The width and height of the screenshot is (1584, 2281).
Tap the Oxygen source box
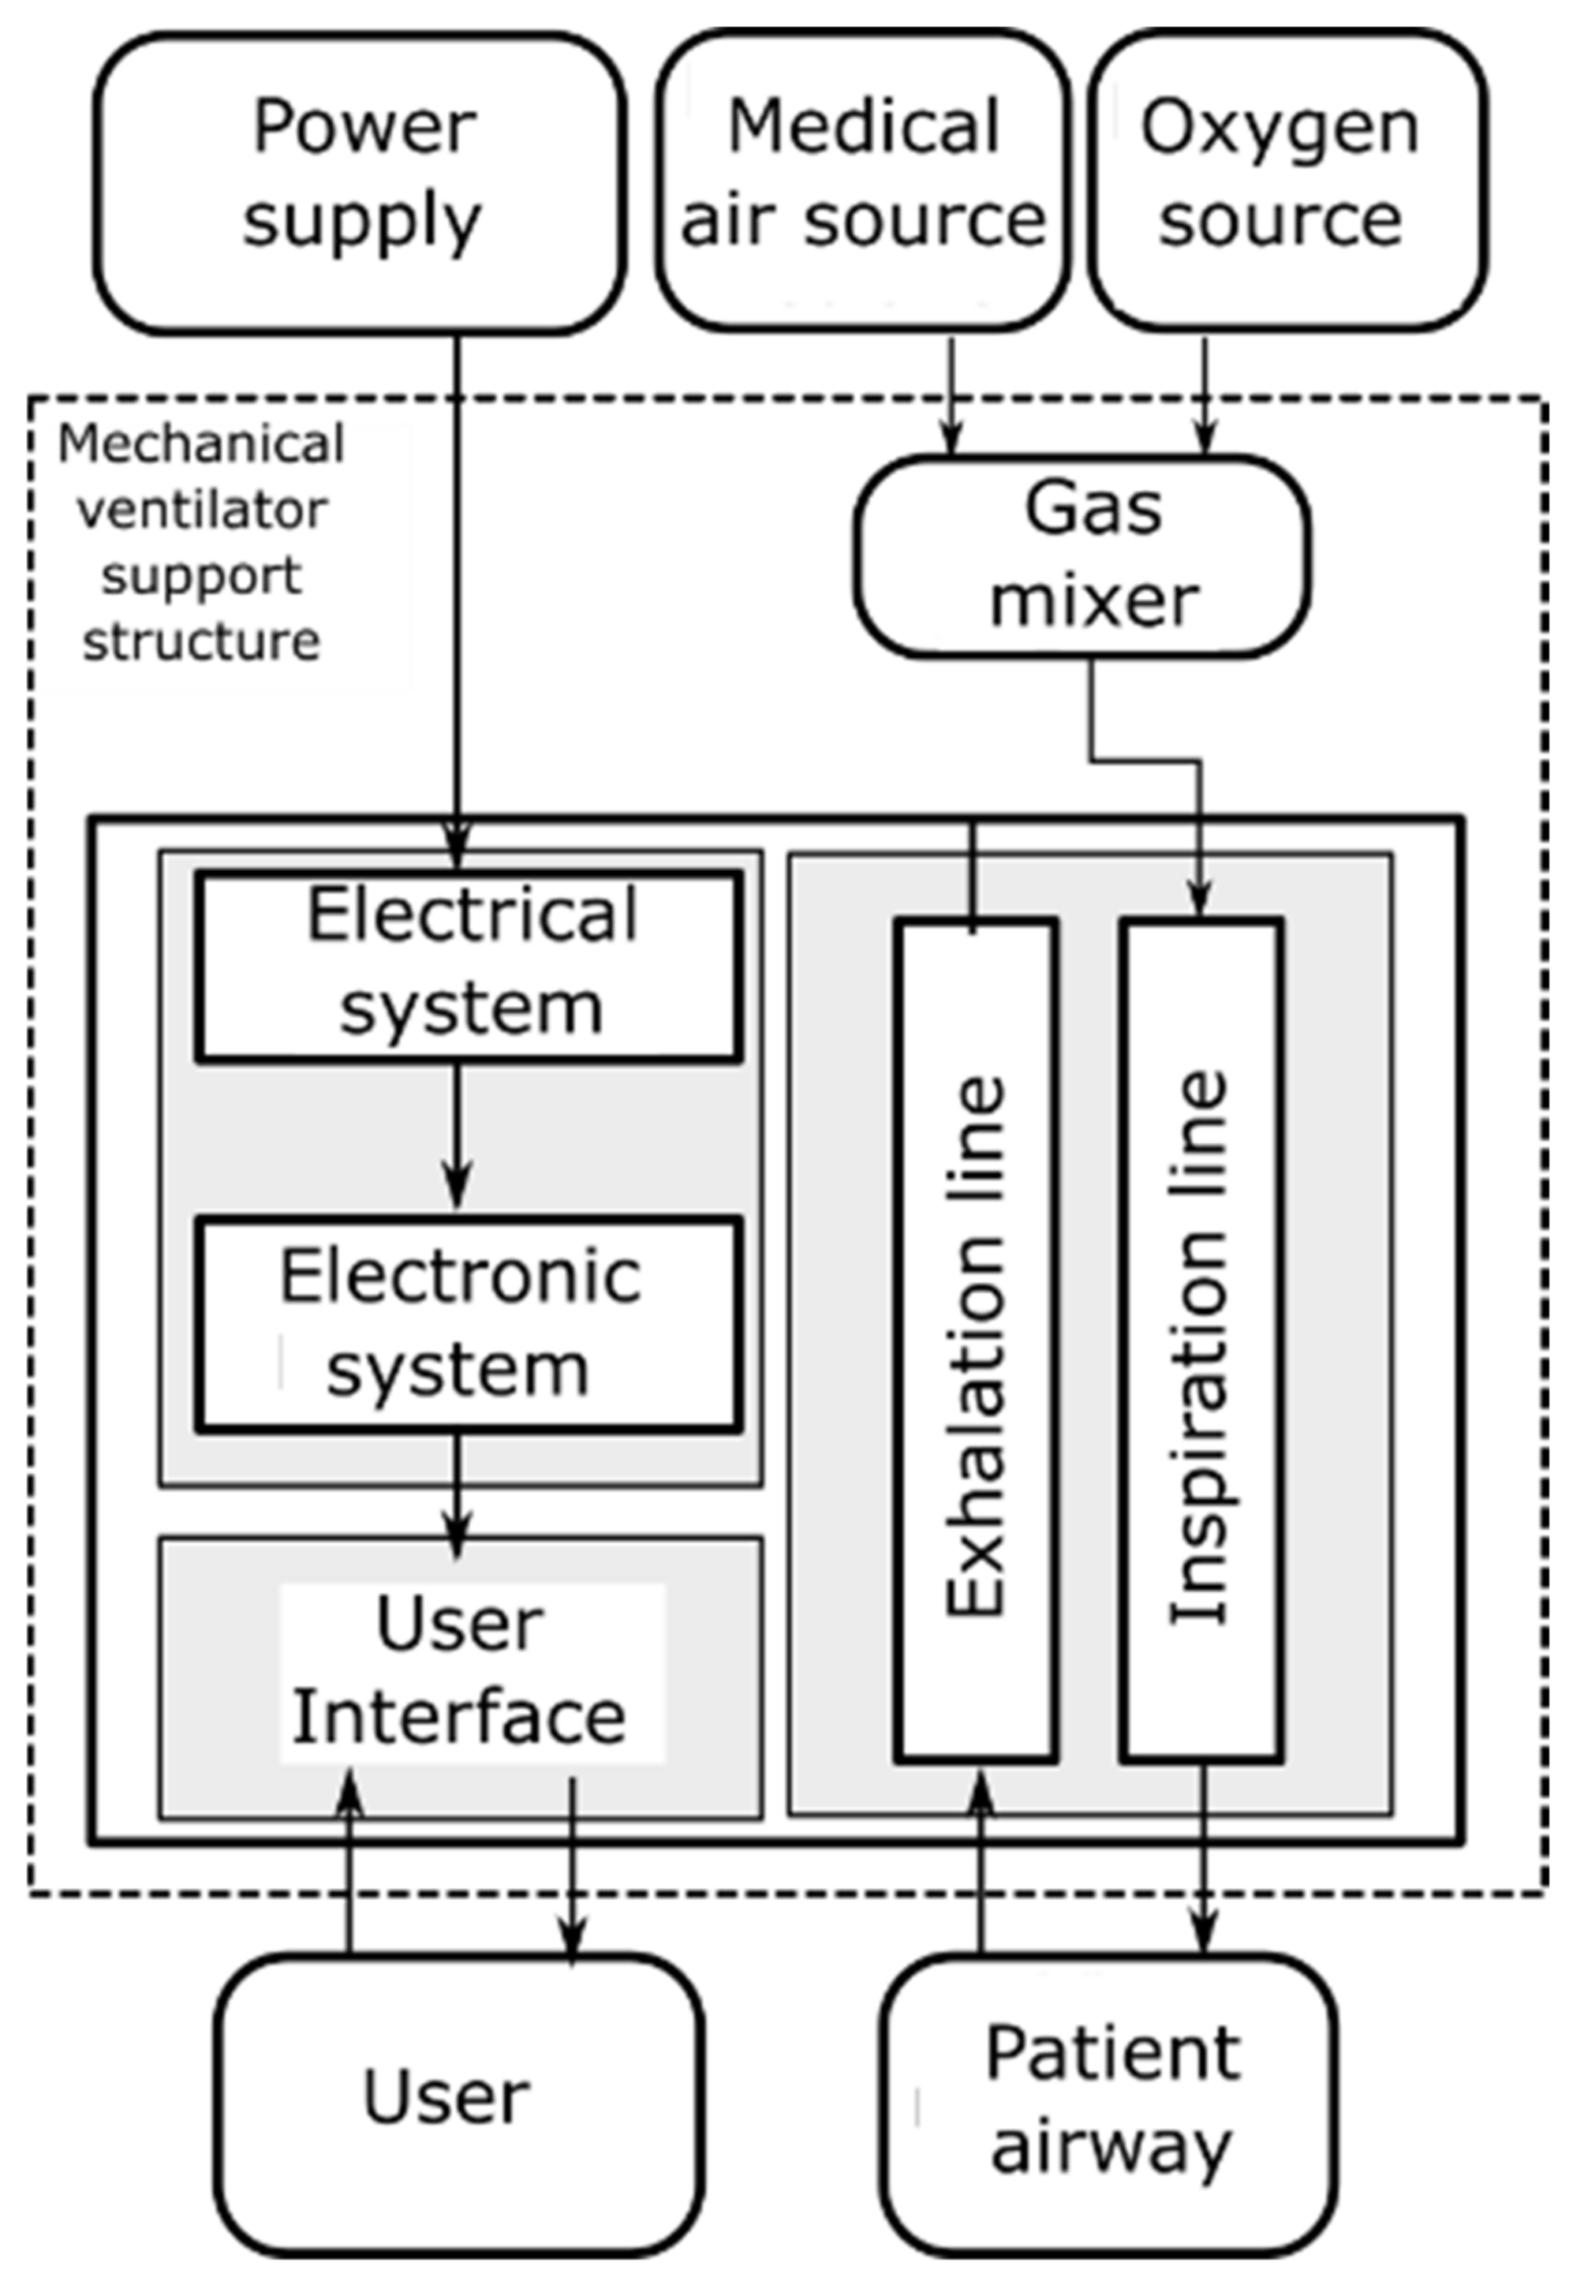click(1287, 178)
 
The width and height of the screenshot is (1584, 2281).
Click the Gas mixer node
click(1082, 556)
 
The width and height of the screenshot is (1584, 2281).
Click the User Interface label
click(461, 1673)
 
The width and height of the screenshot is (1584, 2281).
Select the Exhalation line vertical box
click(976, 1340)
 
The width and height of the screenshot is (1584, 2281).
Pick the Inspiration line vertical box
click(1201, 1340)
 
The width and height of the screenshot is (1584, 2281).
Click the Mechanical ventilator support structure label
click(201, 543)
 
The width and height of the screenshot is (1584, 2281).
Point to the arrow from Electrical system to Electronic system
click(457, 1136)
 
